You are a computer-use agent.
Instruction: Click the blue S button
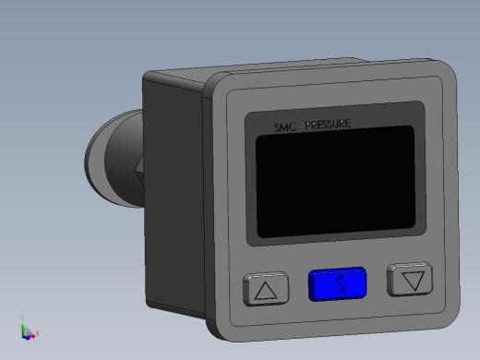[x=338, y=284]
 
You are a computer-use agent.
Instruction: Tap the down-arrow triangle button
[x=410, y=279]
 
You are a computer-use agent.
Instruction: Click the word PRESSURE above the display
[x=328, y=124]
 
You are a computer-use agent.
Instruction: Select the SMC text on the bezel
[x=285, y=127]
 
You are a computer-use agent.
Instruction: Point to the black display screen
[x=335, y=182]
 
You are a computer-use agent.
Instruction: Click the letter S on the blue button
[x=340, y=284]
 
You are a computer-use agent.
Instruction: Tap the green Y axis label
[x=22, y=318]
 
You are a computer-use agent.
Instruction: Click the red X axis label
[x=37, y=333]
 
